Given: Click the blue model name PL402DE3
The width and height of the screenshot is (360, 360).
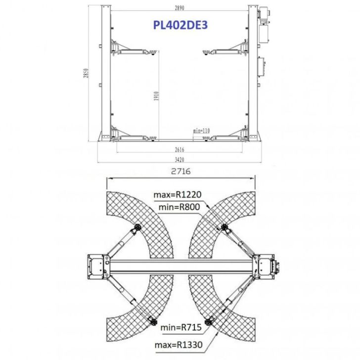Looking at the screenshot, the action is click(180, 25).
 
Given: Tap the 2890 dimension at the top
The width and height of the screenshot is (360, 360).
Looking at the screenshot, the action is click(180, 8).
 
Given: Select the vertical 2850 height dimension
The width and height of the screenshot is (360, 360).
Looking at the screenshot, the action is click(86, 73).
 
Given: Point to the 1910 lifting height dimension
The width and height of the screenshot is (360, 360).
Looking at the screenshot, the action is click(156, 96).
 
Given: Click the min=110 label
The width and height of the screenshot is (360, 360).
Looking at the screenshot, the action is click(201, 131).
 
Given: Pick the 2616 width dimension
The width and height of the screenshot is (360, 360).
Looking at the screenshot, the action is click(180, 150).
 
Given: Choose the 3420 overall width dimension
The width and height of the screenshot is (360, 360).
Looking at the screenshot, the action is click(180, 160).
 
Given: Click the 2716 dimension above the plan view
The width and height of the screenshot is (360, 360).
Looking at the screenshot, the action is click(181, 171).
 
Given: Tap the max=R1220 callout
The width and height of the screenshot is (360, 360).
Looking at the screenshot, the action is click(178, 195).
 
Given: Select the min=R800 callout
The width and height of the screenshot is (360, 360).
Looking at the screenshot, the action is click(179, 207).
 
